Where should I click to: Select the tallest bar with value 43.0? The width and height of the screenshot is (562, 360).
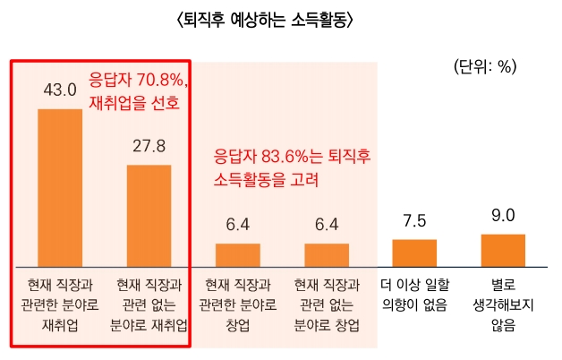(60, 187)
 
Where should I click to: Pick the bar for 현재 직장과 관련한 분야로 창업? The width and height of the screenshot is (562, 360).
(237, 255)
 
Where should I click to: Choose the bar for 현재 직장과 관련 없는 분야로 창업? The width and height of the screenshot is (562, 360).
(327, 255)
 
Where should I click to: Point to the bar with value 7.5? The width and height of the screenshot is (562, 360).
(414, 253)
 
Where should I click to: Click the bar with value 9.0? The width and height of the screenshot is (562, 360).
(503, 250)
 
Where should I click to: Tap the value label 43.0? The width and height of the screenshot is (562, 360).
(60, 91)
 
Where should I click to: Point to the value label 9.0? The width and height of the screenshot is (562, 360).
(503, 215)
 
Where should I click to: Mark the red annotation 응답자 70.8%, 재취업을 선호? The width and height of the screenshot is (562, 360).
(135, 90)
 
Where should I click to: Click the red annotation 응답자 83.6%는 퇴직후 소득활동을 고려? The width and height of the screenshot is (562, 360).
(293, 167)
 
